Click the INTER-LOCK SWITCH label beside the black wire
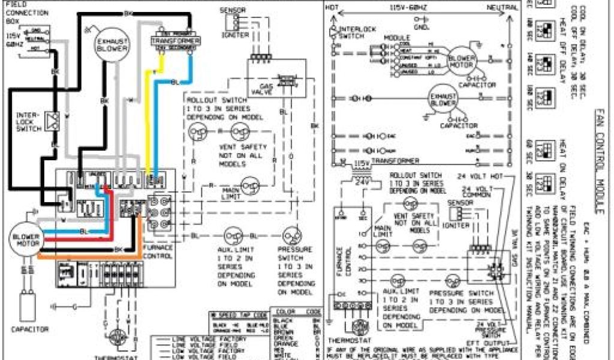(x=27, y=121)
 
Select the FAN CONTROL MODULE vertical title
(x=597, y=161)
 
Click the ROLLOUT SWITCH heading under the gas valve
(x=210, y=98)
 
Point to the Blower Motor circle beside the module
(x=462, y=61)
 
